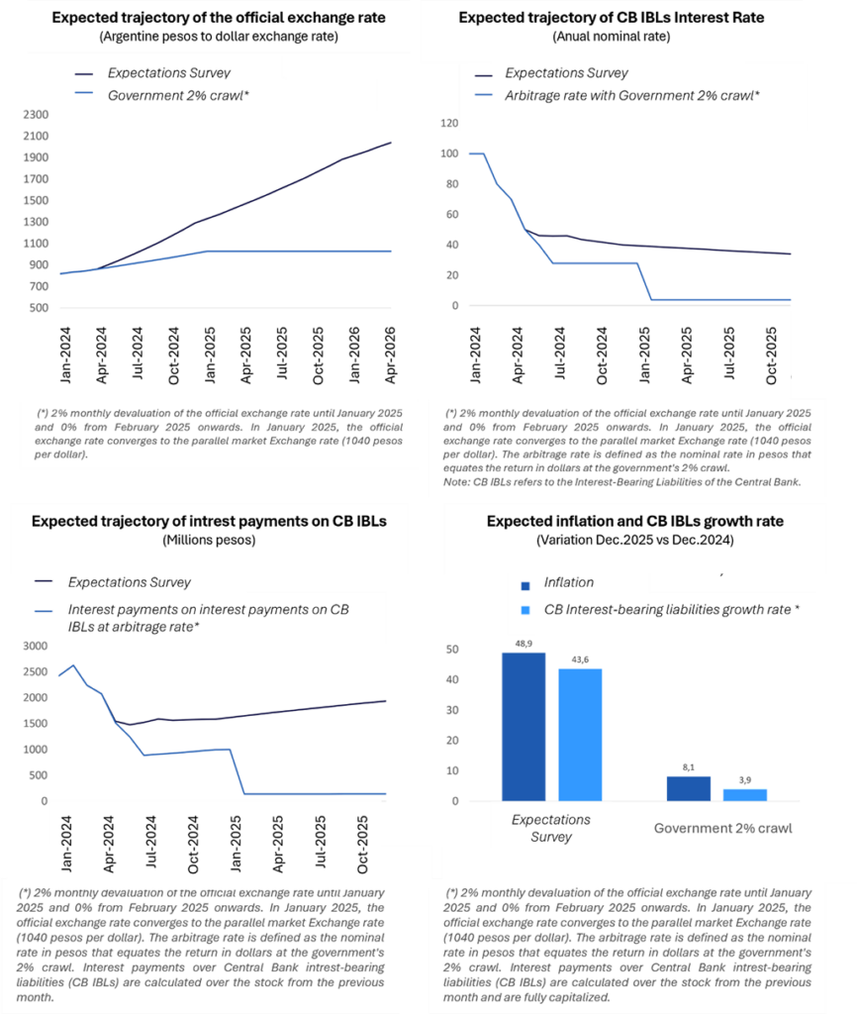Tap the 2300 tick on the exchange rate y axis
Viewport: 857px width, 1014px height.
[34, 115]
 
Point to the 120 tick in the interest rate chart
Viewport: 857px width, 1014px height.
[450, 124]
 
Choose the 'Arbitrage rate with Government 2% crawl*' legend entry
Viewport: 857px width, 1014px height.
[631, 95]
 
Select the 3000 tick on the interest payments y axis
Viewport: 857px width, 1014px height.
[34, 647]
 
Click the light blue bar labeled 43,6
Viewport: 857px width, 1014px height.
[580, 735]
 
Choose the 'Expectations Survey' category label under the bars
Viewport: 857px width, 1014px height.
[551, 828]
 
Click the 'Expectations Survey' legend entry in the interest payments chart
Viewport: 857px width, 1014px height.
[129, 582]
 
